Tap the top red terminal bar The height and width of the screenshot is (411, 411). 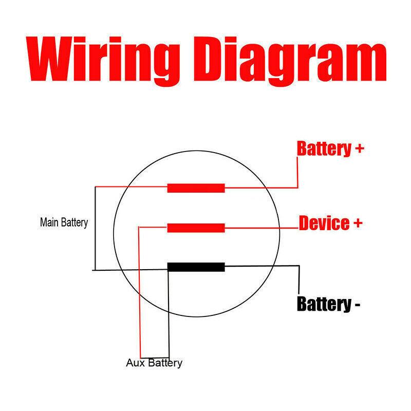[x=196, y=188]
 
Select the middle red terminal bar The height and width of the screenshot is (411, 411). [x=196, y=228]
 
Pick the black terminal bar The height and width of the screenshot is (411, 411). [x=196, y=267]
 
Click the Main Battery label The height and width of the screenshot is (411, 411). [x=64, y=223]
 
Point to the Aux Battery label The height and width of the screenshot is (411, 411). [x=154, y=363]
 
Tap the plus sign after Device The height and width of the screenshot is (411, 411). [x=357, y=223]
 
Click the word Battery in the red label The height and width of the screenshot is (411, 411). [x=323, y=149]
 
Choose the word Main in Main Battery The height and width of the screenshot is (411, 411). [x=50, y=223]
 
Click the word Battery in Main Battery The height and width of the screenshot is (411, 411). [x=75, y=223]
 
